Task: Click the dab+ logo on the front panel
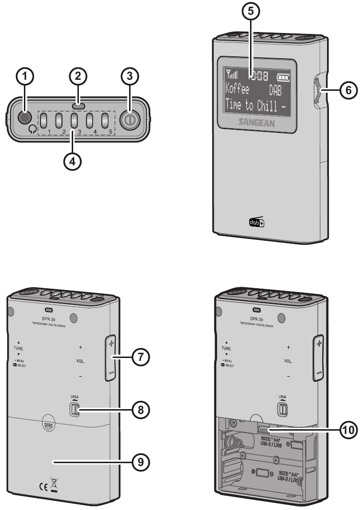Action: pos(256,222)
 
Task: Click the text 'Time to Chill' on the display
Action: pos(249,105)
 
